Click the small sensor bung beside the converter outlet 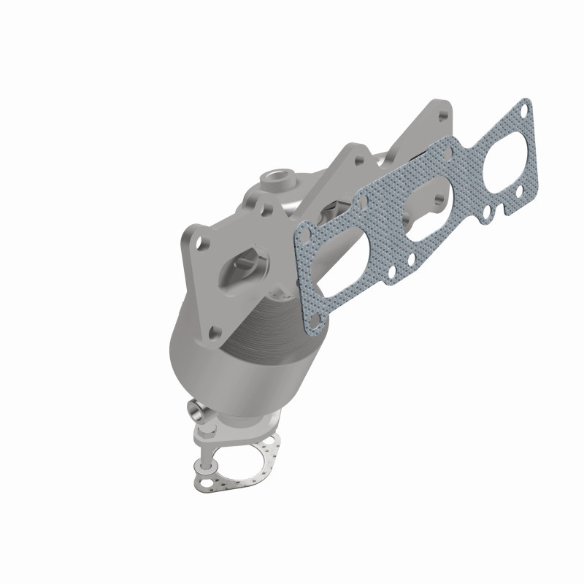(195, 410)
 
